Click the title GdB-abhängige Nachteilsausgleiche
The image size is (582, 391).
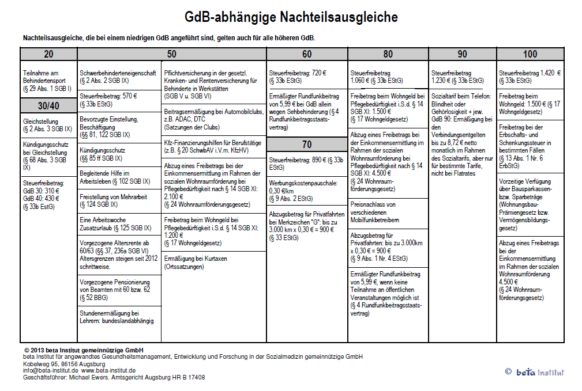pyautogui.click(x=291, y=17)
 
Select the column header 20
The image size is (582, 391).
pyautogui.click(x=48, y=54)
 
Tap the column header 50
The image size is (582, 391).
pyautogui.click(x=171, y=54)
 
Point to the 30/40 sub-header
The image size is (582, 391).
pyautogui.click(x=48, y=105)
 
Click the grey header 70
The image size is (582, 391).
pyautogui.click(x=306, y=143)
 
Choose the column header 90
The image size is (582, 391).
pyautogui.click(x=462, y=54)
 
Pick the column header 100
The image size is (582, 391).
pyautogui.click(x=530, y=54)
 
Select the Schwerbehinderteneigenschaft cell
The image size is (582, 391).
pyautogui.click(x=118, y=77)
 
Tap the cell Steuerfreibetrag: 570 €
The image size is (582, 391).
pyautogui.click(x=118, y=100)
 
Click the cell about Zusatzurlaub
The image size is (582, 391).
pyautogui.click(x=118, y=223)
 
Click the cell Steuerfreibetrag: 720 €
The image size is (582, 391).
pyautogui.click(x=306, y=77)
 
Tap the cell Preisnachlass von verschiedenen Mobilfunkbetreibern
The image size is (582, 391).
pyautogui.click(x=388, y=212)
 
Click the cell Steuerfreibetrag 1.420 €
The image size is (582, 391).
pyautogui.click(x=530, y=77)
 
